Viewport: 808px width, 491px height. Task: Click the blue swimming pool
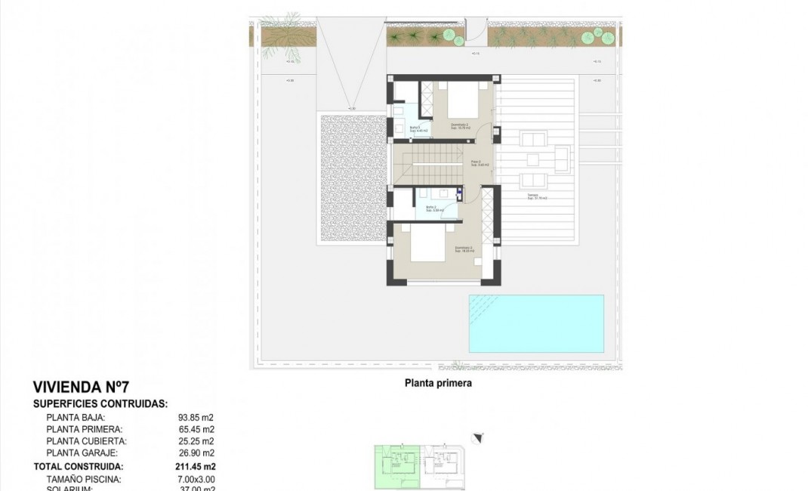[x=536, y=323]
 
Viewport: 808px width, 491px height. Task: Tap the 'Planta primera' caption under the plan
[x=438, y=383]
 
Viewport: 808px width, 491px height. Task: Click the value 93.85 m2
[x=196, y=417]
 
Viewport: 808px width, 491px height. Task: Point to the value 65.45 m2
[x=196, y=429]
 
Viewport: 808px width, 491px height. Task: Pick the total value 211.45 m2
[x=196, y=467]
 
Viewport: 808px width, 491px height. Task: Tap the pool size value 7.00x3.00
[x=196, y=479]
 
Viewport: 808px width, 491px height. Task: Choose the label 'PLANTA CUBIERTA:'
[x=85, y=441]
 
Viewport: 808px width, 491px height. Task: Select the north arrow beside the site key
[x=477, y=437]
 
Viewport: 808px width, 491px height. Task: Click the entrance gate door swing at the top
[x=476, y=30]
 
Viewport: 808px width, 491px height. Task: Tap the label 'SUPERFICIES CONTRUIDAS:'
[x=100, y=404]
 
